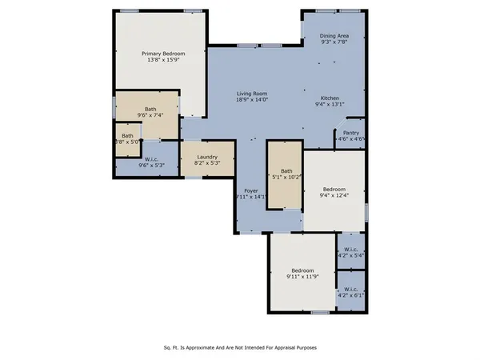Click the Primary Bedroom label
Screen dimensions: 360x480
[x=157, y=53]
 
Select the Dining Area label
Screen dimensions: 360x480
[x=334, y=36]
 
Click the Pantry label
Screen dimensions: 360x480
[x=350, y=133]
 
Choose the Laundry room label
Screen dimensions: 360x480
[x=207, y=157]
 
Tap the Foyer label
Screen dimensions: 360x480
[x=251, y=190]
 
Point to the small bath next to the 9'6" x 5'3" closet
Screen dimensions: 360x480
[x=127, y=136]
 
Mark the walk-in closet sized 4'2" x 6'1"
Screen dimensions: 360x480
[x=350, y=290]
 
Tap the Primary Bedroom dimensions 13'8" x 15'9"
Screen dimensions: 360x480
[x=157, y=60]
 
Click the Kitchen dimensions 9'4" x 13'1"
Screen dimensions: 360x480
[x=330, y=103]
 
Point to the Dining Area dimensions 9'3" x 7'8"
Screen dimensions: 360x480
[x=334, y=43]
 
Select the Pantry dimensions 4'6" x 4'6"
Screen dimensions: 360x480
[x=350, y=139]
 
